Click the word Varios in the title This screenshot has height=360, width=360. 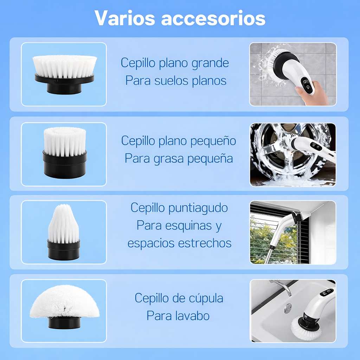125,18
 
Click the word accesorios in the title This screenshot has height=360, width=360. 213,18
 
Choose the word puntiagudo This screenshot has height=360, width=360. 198,208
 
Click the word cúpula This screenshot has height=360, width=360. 206,299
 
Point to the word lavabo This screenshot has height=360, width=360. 192,316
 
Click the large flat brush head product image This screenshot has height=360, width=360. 65,75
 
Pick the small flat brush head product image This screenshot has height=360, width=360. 65,153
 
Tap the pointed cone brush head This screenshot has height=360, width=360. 64,232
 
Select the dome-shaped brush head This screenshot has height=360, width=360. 65,307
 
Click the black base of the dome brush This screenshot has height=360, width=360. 65,323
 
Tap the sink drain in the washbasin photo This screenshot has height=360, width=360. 288,308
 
